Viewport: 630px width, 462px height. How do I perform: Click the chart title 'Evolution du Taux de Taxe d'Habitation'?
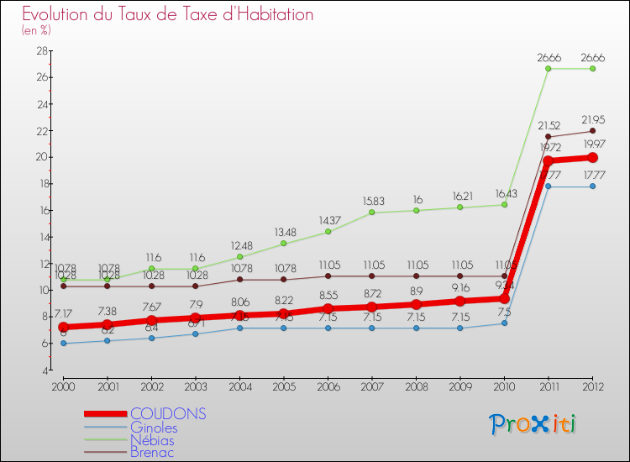168,14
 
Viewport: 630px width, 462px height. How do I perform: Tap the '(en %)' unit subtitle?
36,30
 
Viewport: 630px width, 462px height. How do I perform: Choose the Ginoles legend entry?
154,427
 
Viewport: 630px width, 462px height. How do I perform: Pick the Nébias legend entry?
153,439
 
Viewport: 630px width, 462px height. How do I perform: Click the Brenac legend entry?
152,452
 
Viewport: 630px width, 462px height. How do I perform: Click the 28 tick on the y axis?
39,50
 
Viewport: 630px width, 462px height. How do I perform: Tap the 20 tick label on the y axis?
39,157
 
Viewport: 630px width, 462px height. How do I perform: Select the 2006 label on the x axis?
328,386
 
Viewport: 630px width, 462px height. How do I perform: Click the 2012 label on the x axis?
593,386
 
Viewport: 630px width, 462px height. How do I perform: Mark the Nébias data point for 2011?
549,69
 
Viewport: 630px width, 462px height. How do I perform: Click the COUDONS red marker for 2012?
593,157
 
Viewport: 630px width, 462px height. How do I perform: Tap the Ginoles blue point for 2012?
593,186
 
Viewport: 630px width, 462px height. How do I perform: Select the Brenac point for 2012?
593,130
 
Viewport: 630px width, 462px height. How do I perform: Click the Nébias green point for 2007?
372,213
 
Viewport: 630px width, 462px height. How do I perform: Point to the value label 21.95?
593,118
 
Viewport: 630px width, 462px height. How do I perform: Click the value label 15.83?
372,201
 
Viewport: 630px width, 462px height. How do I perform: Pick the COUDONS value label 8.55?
328,296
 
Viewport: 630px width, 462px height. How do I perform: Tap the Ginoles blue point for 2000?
63,343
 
